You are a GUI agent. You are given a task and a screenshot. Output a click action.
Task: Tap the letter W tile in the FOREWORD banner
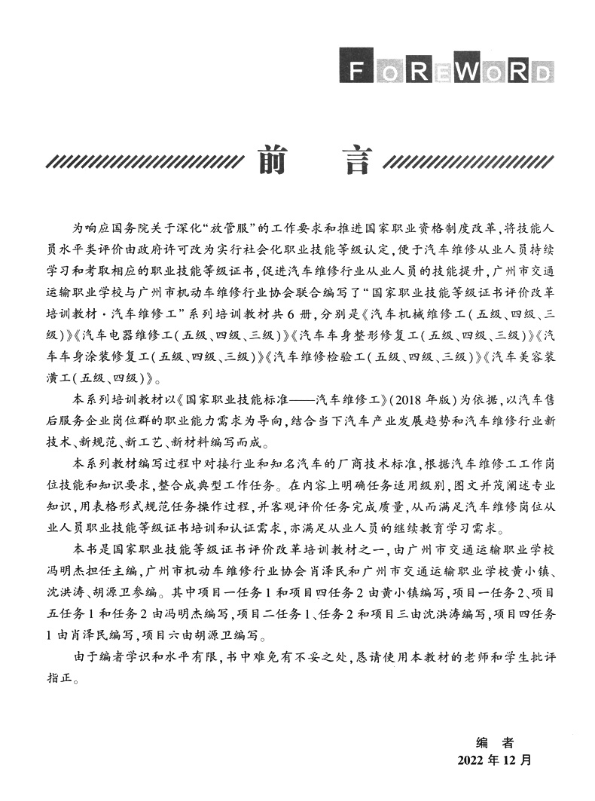(x=469, y=71)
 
